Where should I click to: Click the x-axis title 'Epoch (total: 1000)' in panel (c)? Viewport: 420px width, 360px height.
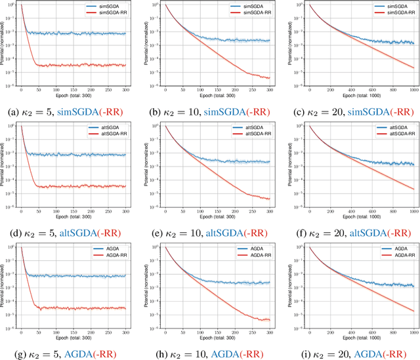[356, 94]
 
